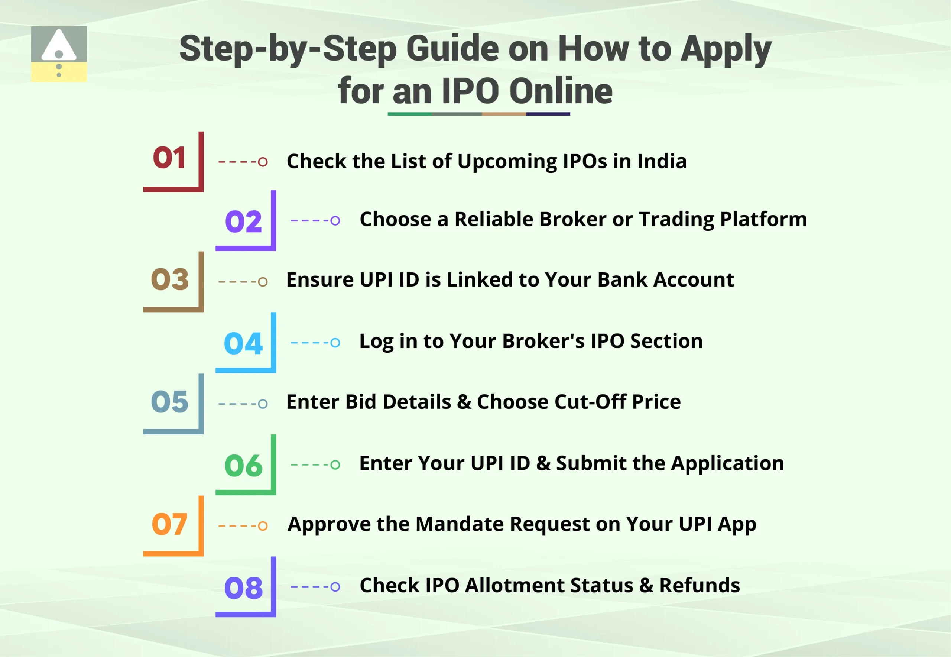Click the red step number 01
point(169,158)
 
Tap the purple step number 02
point(243,221)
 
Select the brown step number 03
point(169,279)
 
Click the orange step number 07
point(169,524)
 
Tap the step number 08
point(243,588)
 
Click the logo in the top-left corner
point(59,54)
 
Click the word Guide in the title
point(453,49)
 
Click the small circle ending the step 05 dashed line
point(263,404)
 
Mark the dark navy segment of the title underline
point(548,114)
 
